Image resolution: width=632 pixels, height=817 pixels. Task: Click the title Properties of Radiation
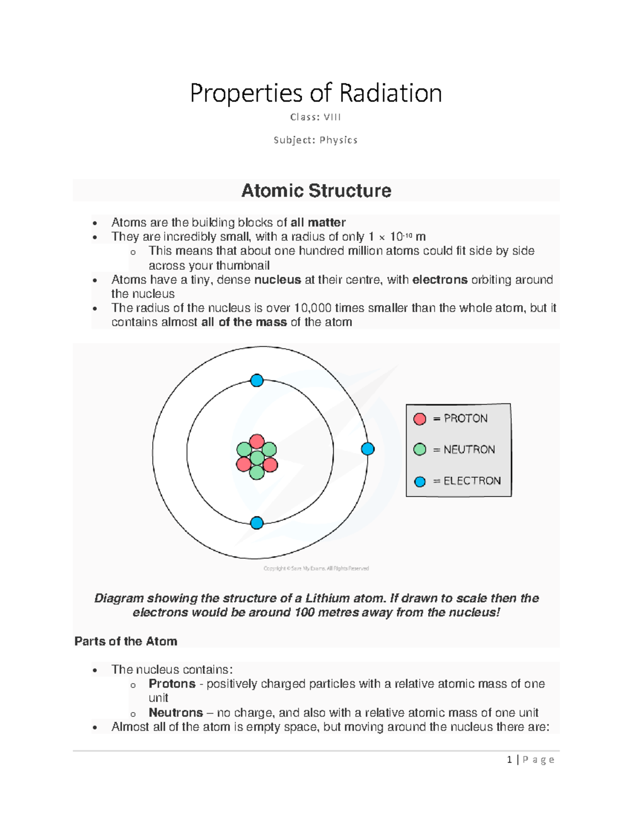tap(315, 93)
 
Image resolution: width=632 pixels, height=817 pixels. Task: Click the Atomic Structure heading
tap(316, 190)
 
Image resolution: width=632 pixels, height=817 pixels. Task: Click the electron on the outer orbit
tap(368, 449)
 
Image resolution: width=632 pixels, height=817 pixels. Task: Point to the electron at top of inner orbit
tap(257, 380)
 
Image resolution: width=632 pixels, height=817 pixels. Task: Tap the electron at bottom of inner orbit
tap(257, 523)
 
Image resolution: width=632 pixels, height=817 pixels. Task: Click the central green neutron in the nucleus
tap(257, 458)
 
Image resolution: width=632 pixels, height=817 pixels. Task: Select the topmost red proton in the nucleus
tap(257, 441)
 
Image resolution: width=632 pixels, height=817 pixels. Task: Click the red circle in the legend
tap(420, 419)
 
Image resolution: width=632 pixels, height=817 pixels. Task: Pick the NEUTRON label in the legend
tap(469, 450)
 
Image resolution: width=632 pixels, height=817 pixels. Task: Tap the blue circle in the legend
tap(420, 481)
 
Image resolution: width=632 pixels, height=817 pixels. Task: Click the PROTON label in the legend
tap(466, 418)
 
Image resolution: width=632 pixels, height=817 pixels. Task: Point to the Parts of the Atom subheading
tap(126, 641)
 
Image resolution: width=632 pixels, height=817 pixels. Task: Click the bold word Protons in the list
tap(172, 684)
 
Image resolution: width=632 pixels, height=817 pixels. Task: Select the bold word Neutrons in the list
tap(175, 713)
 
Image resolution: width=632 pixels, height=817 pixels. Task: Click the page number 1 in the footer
tap(509, 760)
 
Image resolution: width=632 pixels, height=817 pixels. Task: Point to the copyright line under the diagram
tap(316, 568)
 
